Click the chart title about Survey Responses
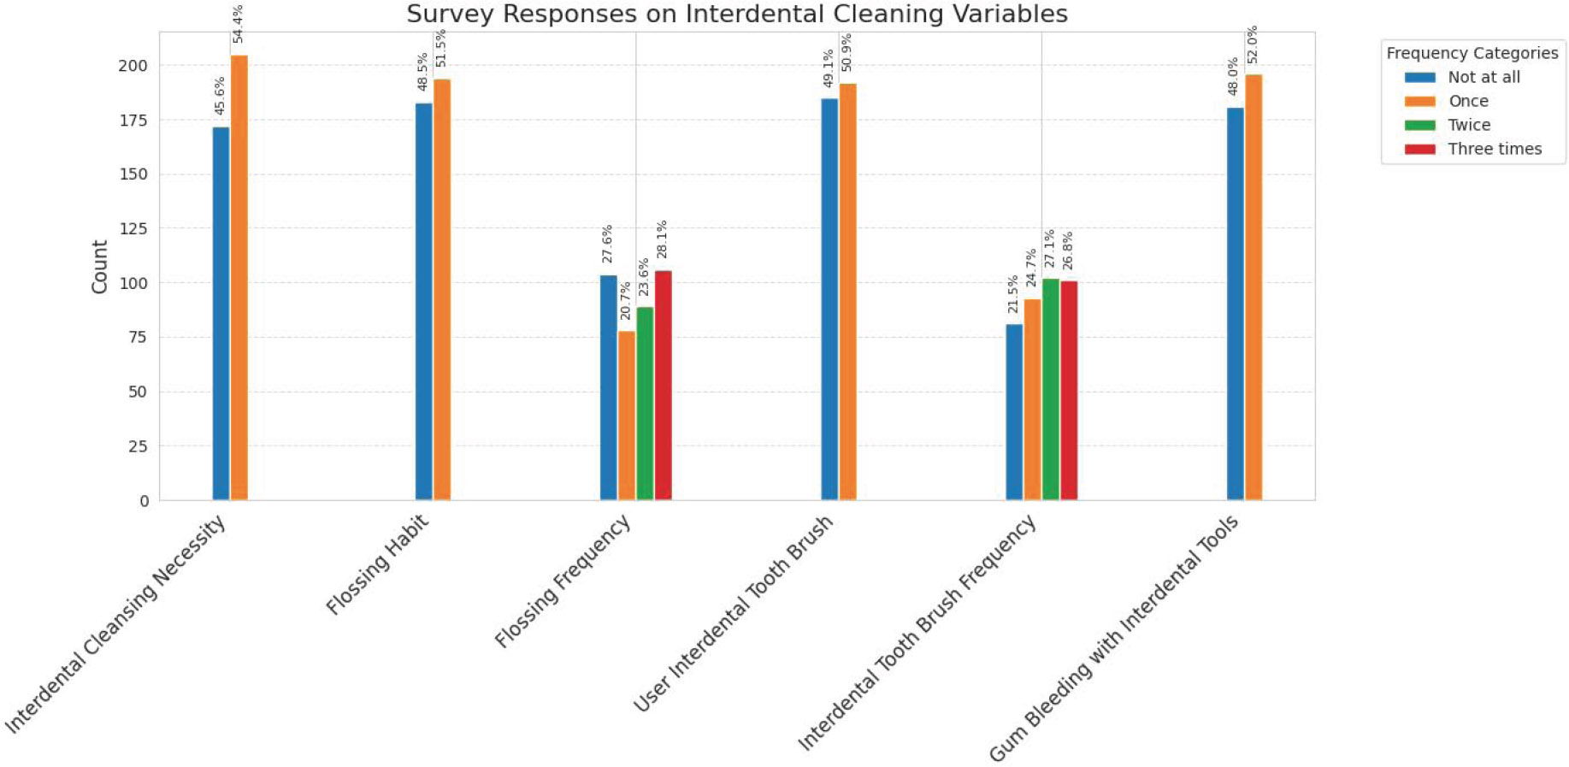point(736,15)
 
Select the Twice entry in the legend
point(1468,125)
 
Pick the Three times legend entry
point(1494,149)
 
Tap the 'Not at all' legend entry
point(1483,77)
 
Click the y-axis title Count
point(100,267)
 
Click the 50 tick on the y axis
point(138,392)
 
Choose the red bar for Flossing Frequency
point(663,385)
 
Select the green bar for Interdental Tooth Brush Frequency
point(1051,389)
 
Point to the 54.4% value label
point(238,24)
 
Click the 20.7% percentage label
point(626,301)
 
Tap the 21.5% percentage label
point(1013,294)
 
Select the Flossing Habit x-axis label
point(377,565)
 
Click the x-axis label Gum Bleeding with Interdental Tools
point(1113,639)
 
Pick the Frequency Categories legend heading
point(1472,53)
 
